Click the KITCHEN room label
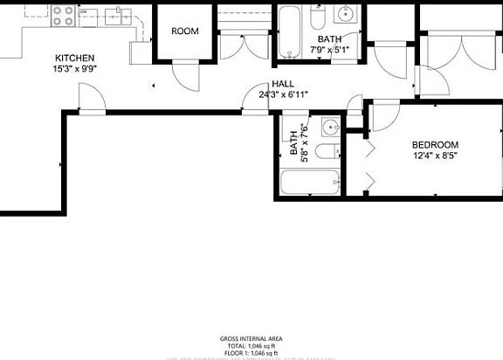pos(75,58)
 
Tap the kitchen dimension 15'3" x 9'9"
pos(75,68)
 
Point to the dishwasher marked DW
pos(84,12)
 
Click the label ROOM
pos(184,31)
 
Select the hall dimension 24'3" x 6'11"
pos(282,93)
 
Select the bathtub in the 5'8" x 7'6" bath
pos(310,184)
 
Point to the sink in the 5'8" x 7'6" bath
pos(329,128)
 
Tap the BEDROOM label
pos(434,145)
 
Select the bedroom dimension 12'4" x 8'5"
pos(434,156)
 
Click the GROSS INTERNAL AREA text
pos(251,338)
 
